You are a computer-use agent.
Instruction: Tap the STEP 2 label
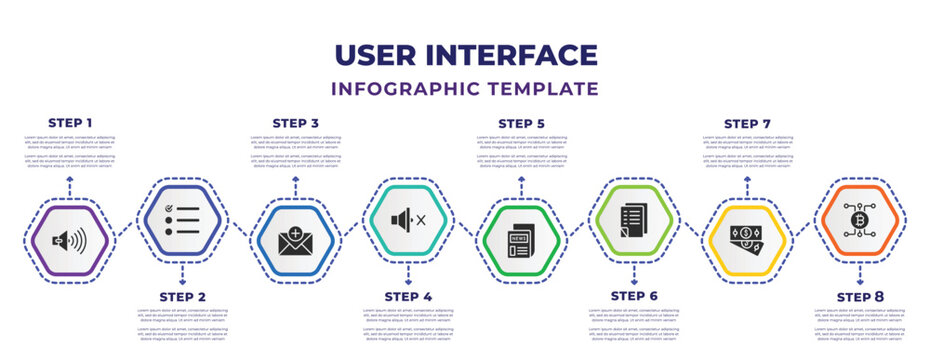click(x=183, y=297)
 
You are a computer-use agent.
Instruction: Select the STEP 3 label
click(x=295, y=123)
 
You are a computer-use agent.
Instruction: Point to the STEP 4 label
click(x=408, y=297)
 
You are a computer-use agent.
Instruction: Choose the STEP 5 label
click(x=521, y=123)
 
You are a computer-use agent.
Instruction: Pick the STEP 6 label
click(x=634, y=297)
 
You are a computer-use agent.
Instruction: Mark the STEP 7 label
click(x=747, y=123)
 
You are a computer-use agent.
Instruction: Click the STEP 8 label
click(x=860, y=297)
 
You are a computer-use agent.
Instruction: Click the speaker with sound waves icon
click(x=70, y=241)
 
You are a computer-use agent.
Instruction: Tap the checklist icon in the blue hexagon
click(x=183, y=218)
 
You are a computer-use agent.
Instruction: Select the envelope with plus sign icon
click(x=295, y=241)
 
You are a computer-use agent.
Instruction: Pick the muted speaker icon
click(x=408, y=218)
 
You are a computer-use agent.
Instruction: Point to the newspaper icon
click(x=521, y=241)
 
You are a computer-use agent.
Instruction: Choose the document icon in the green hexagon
click(x=634, y=219)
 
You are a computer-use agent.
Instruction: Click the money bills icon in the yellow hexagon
click(x=747, y=241)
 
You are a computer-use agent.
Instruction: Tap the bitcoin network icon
click(x=860, y=219)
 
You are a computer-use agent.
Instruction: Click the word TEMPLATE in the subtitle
click(x=546, y=88)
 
